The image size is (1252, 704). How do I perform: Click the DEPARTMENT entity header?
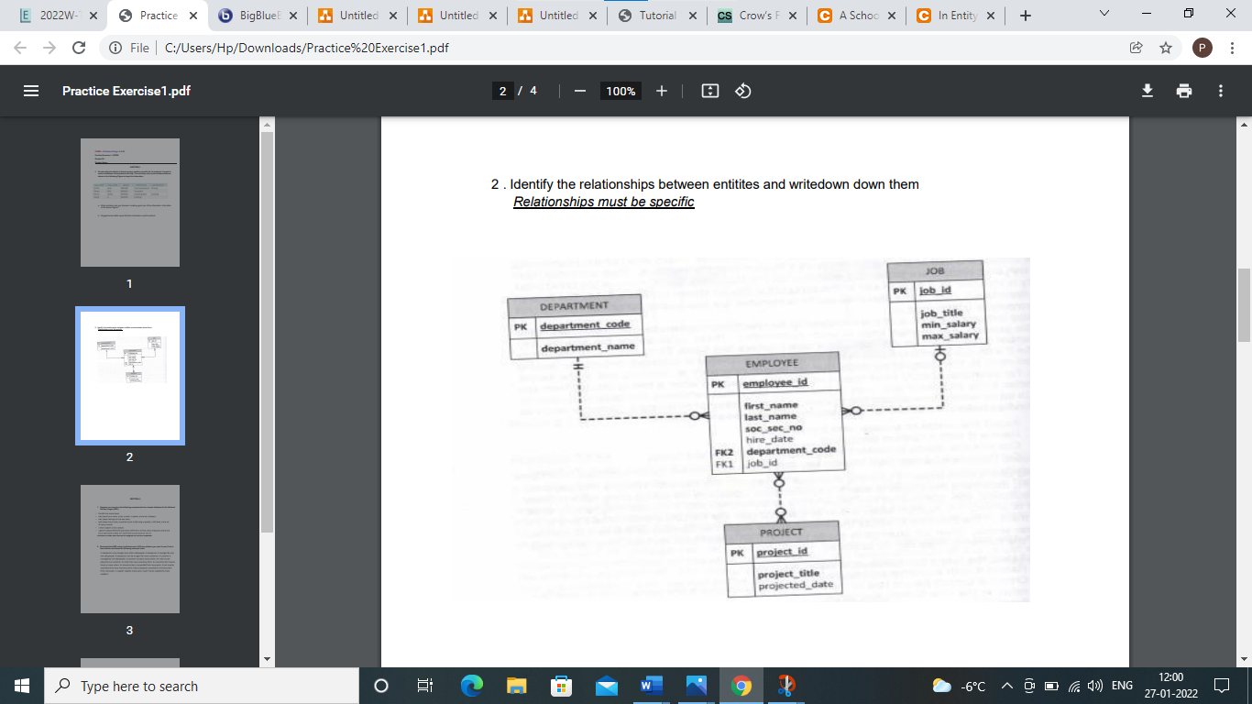point(574,306)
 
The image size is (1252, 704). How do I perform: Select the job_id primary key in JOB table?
point(935,291)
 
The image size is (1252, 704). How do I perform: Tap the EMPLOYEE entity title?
point(772,363)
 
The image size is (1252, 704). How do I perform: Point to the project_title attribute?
point(788,573)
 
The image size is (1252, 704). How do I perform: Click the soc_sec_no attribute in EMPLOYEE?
point(773,428)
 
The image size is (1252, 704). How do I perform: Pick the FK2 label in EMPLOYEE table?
point(724,451)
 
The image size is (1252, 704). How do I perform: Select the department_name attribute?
point(588,348)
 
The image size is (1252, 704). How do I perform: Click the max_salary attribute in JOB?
point(950,335)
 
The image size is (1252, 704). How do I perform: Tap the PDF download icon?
point(1147,91)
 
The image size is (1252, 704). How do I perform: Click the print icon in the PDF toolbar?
point(1184,91)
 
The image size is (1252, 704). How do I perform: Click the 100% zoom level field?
point(621,91)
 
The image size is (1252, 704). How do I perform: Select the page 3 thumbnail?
point(129,549)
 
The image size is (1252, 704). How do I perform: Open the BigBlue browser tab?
point(254,16)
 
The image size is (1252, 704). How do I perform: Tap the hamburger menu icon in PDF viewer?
point(31,91)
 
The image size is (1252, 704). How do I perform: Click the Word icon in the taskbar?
point(650,686)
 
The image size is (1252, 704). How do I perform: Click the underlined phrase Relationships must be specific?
point(603,202)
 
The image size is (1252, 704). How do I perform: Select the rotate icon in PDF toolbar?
point(743,91)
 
